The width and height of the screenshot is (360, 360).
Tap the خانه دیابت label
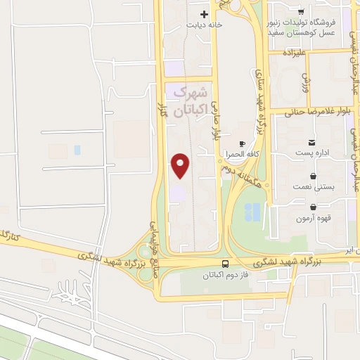[x=205, y=25]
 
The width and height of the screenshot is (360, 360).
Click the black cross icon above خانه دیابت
[x=205, y=13]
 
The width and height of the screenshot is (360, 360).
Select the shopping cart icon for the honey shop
[x=301, y=12]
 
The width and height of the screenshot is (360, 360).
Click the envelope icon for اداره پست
[x=312, y=142]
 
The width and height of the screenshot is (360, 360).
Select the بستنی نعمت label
[x=313, y=188]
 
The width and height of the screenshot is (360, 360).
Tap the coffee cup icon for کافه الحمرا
[x=243, y=143]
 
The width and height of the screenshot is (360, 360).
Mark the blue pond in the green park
[x=252, y=210]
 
